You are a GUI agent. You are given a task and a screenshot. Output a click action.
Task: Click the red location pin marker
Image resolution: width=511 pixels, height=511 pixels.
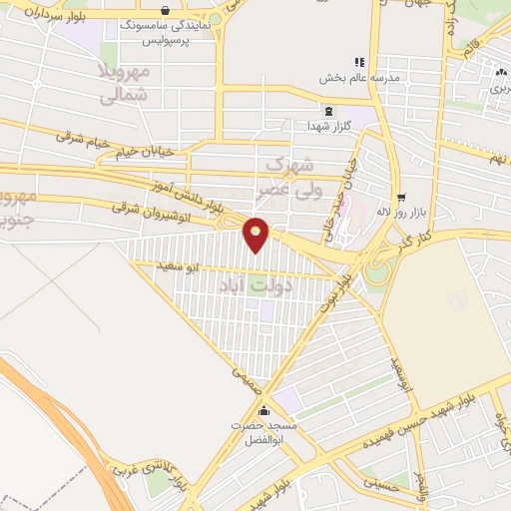(256, 234)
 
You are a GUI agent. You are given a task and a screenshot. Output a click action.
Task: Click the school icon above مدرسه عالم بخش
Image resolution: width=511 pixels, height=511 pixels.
(359, 62)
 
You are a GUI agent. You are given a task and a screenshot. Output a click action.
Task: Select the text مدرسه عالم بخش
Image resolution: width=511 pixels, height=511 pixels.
(359, 78)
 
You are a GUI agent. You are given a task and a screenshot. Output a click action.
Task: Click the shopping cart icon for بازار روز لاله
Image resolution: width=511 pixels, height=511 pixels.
(401, 198)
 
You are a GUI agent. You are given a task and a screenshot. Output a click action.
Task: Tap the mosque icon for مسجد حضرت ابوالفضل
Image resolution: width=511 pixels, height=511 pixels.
(263, 410)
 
